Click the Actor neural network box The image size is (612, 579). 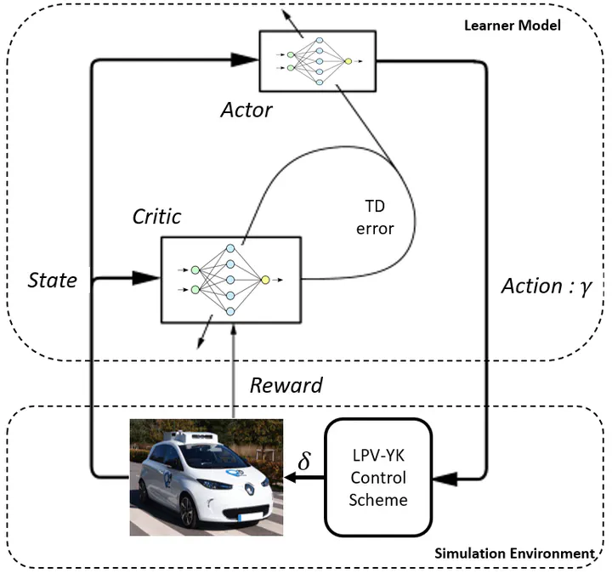click(318, 60)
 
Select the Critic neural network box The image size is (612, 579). click(230, 279)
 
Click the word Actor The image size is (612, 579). click(246, 110)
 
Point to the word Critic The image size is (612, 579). click(156, 217)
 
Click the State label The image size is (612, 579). click(54, 280)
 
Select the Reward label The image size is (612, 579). click(286, 385)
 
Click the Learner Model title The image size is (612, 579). click(513, 25)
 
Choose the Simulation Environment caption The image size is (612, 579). click(513, 553)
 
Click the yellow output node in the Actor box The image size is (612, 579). click(347, 61)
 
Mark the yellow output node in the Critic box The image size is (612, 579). click(265, 279)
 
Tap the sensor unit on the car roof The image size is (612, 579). click(195, 434)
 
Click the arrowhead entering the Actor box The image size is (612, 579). click(246, 59)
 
